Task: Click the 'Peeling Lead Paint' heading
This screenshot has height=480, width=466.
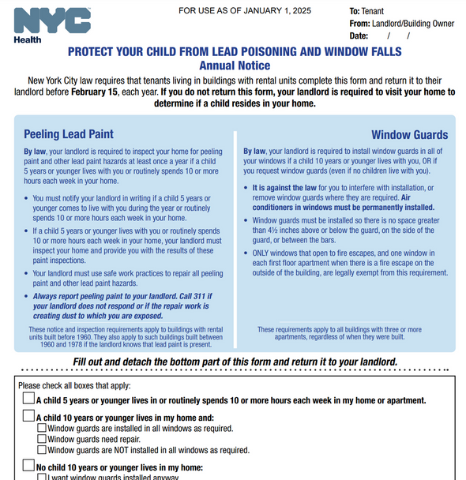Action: (x=69, y=134)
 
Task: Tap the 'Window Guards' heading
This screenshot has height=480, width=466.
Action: (x=409, y=135)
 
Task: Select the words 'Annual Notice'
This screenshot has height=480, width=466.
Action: (x=235, y=66)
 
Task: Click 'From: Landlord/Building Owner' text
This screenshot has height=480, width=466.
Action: (x=402, y=24)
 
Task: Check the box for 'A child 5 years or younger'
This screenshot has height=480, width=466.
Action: (x=28, y=399)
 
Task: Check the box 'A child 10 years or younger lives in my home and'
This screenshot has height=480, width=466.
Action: (x=28, y=418)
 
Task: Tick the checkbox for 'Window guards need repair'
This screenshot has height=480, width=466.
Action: (x=42, y=439)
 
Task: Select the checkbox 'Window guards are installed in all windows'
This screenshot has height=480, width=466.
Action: (x=42, y=429)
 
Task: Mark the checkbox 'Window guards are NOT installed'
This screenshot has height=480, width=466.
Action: (x=42, y=450)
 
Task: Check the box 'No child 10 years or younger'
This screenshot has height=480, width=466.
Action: (x=28, y=467)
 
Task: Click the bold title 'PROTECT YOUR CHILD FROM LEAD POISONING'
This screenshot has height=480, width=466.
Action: (x=235, y=52)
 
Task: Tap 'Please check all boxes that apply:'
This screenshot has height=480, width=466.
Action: (x=74, y=385)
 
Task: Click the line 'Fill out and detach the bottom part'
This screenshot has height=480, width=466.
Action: (x=235, y=362)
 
